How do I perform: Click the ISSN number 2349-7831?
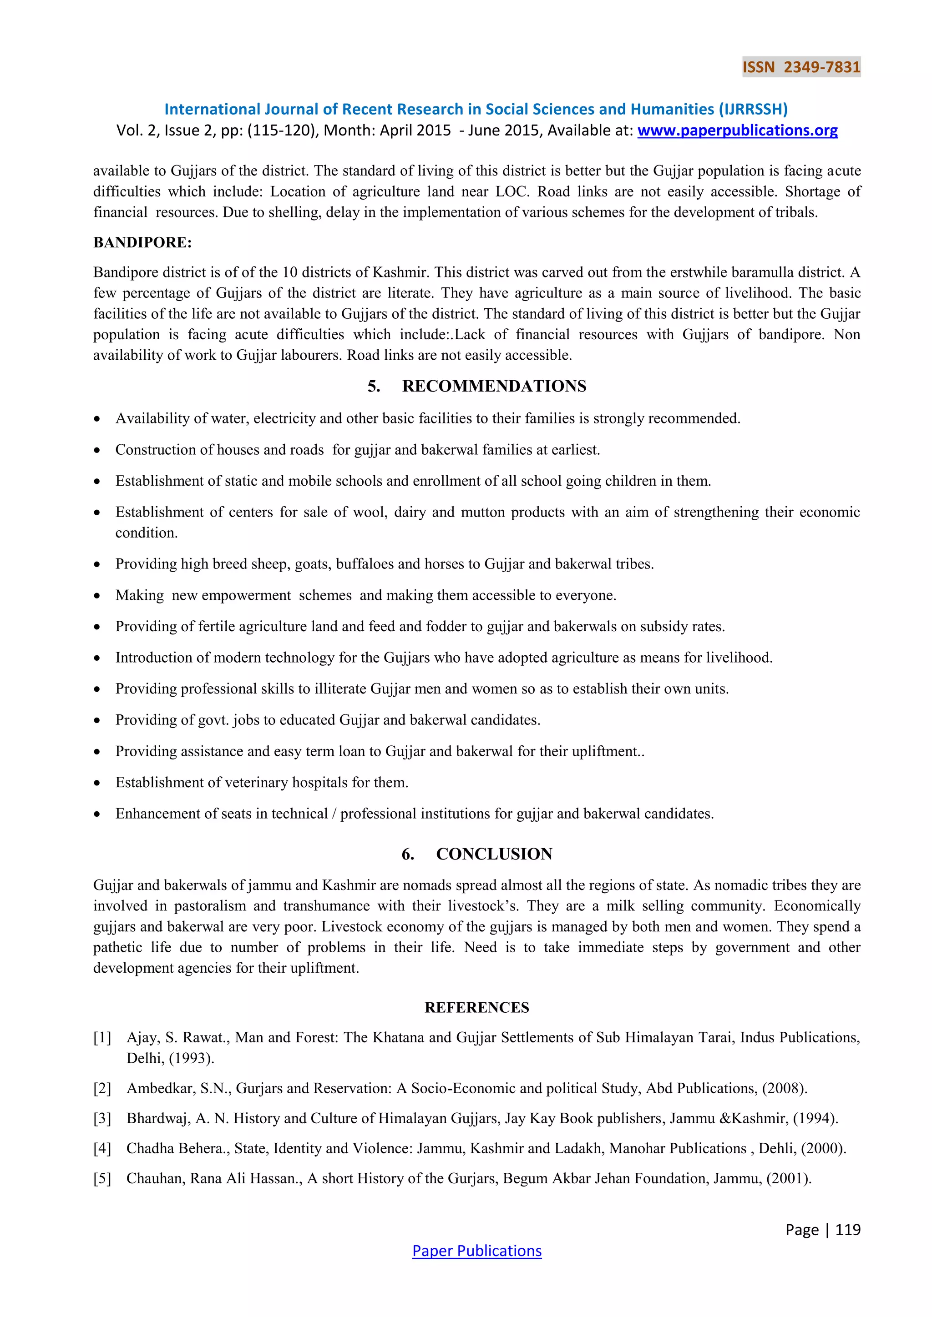[x=822, y=67]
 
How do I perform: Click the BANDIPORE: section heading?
[x=142, y=243]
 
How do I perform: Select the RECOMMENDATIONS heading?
[x=494, y=386]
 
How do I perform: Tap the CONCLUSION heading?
[x=494, y=854]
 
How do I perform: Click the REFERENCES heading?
[x=477, y=1008]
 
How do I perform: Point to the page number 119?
[x=848, y=1229]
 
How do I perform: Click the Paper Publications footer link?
[x=477, y=1251]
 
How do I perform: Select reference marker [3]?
[x=102, y=1119]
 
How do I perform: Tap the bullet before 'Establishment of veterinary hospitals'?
[x=97, y=784]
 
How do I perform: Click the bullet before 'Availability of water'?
[x=97, y=419]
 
